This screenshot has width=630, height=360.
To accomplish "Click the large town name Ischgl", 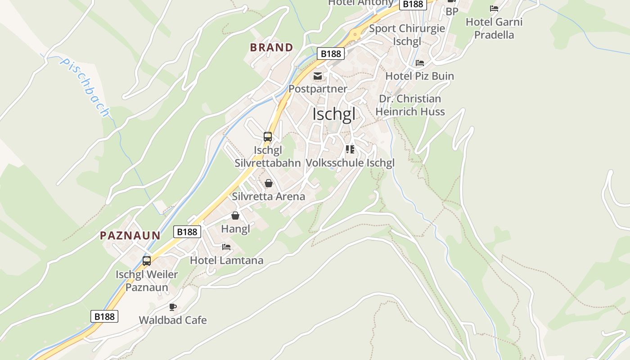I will click(x=334, y=114).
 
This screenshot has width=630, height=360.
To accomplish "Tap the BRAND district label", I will click(x=271, y=47).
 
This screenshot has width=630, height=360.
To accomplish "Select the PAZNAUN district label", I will click(x=130, y=235).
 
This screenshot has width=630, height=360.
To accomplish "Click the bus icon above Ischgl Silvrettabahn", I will click(x=268, y=137).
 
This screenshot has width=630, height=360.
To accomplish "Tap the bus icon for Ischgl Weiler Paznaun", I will click(x=147, y=261).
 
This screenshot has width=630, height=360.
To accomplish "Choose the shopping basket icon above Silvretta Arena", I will click(x=269, y=183).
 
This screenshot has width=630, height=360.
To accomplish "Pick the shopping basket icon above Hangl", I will click(x=235, y=216).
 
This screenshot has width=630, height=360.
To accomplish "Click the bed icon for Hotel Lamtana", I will click(x=226, y=247).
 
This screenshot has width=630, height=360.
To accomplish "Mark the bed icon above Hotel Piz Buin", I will click(x=420, y=63).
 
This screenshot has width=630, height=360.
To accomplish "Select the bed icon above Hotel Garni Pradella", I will click(x=494, y=9).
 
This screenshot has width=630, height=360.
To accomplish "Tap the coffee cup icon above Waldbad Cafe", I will click(x=172, y=307).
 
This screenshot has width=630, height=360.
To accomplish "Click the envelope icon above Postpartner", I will click(x=318, y=76).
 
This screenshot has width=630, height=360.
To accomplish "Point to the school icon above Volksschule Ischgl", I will click(x=350, y=149).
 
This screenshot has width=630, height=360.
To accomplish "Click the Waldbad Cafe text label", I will click(x=173, y=320).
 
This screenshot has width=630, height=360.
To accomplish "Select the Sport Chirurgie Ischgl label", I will click(x=407, y=35).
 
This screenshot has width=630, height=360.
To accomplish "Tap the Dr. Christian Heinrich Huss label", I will click(x=410, y=105).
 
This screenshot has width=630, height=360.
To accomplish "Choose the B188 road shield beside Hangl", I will click(x=187, y=232).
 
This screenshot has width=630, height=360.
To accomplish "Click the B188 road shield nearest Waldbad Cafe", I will click(x=104, y=316).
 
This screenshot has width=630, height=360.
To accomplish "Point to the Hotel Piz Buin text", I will click(x=420, y=76).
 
